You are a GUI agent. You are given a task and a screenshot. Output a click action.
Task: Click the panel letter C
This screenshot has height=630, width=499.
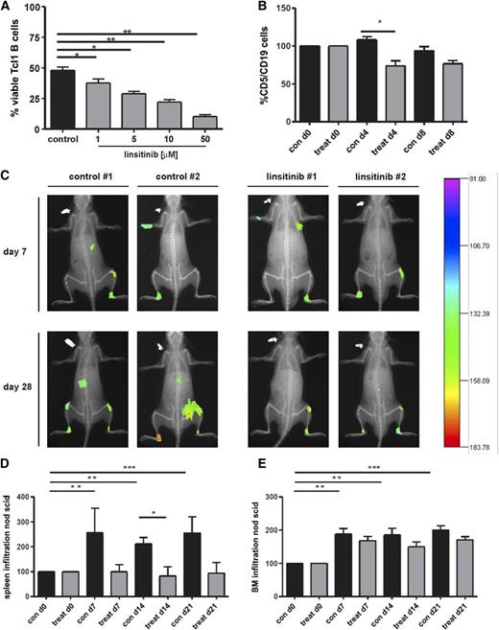click(x=7, y=178)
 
